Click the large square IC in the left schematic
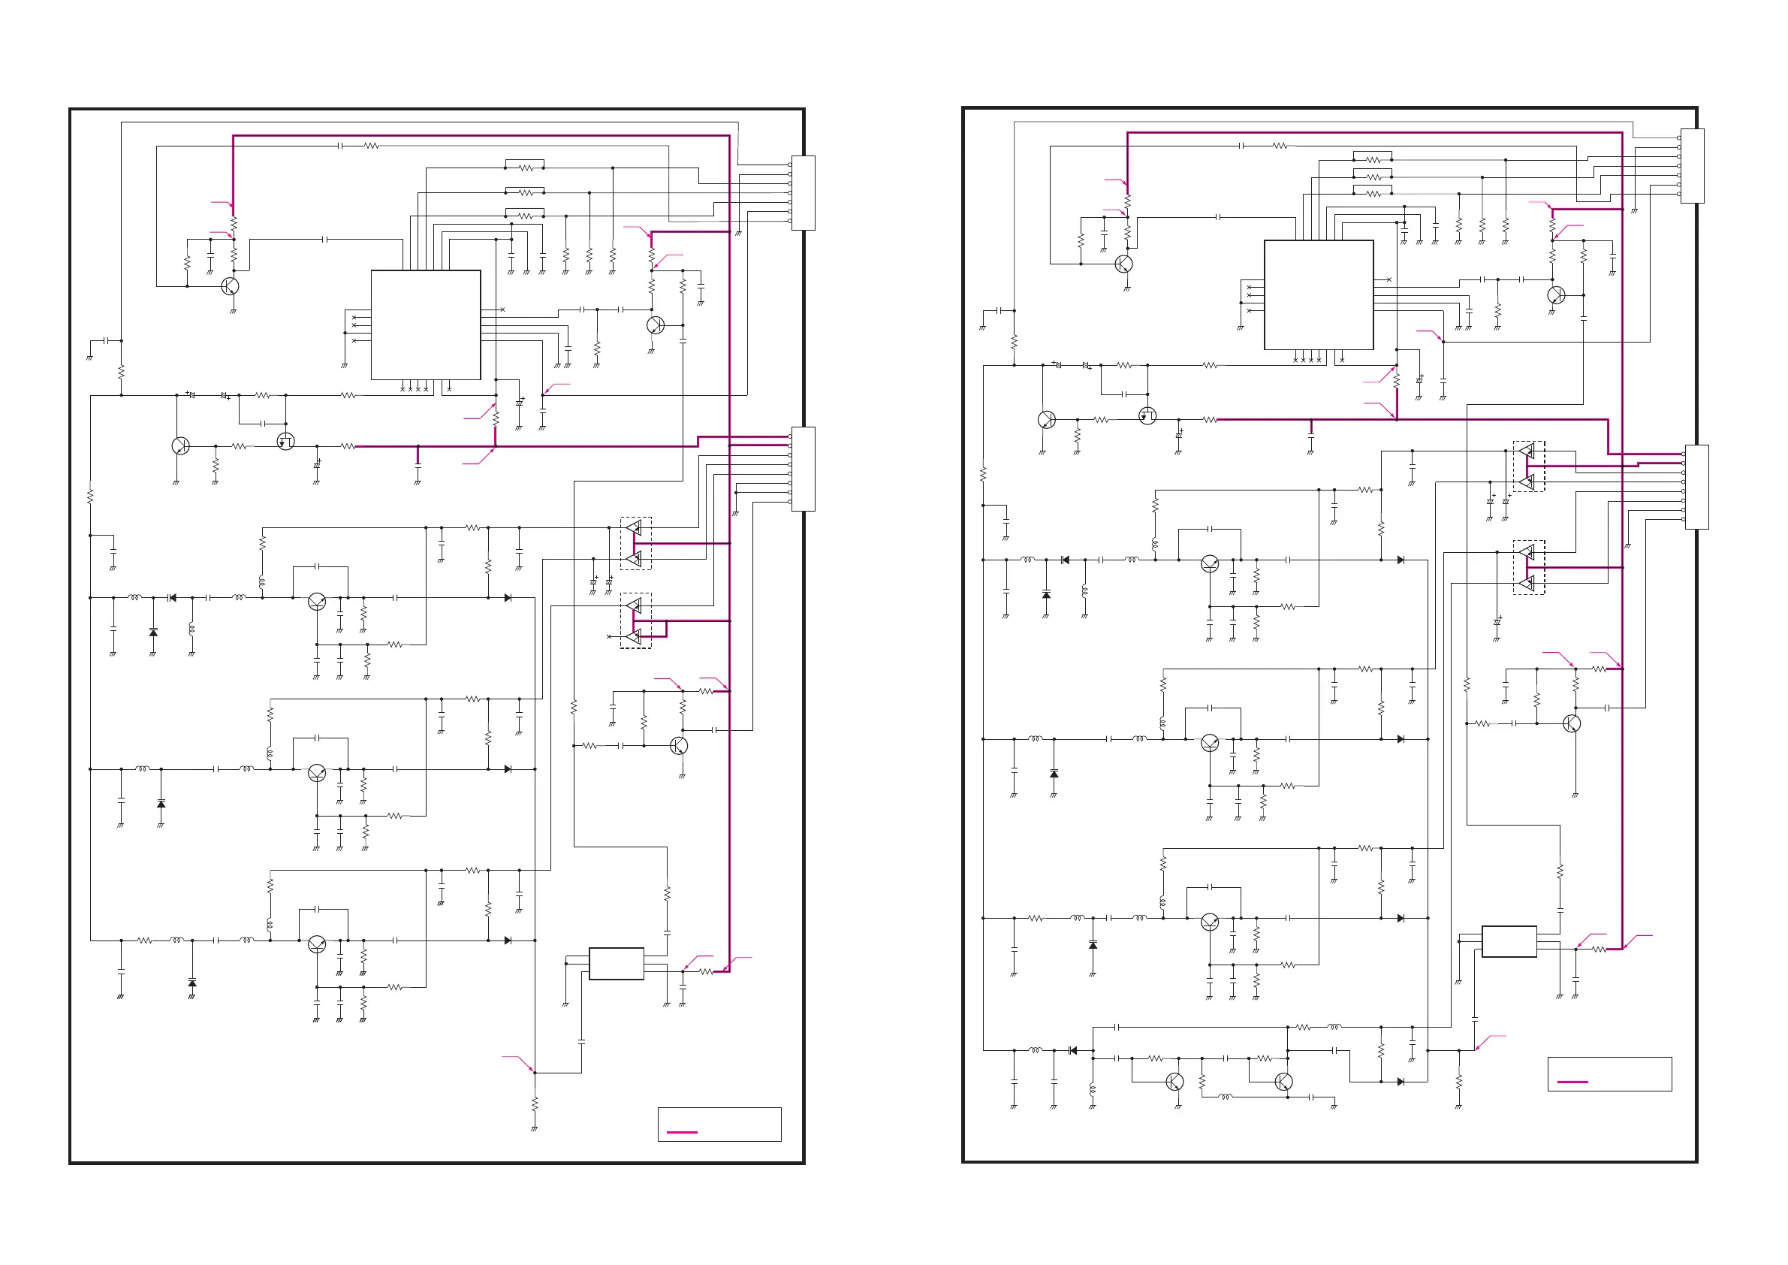point(425,325)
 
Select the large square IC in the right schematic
point(1318,295)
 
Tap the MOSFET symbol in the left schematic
point(286,442)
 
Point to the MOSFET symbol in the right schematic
point(1147,416)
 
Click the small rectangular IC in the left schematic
point(616,964)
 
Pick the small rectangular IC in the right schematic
point(1509,941)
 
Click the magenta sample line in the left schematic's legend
point(682,1132)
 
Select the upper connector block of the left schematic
point(803,193)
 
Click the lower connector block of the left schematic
point(803,469)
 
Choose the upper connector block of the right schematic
point(1692,166)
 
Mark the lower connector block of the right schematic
point(1696,487)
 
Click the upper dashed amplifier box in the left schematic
point(635,544)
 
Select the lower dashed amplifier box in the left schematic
point(635,620)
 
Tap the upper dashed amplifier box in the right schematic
point(1528,466)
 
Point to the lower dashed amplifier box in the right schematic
point(1528,567)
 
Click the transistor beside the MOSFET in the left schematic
point(180,445)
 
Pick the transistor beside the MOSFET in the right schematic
point(1047,420)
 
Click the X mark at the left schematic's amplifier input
point(609,637)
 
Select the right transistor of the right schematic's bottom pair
point(1283,1081)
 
